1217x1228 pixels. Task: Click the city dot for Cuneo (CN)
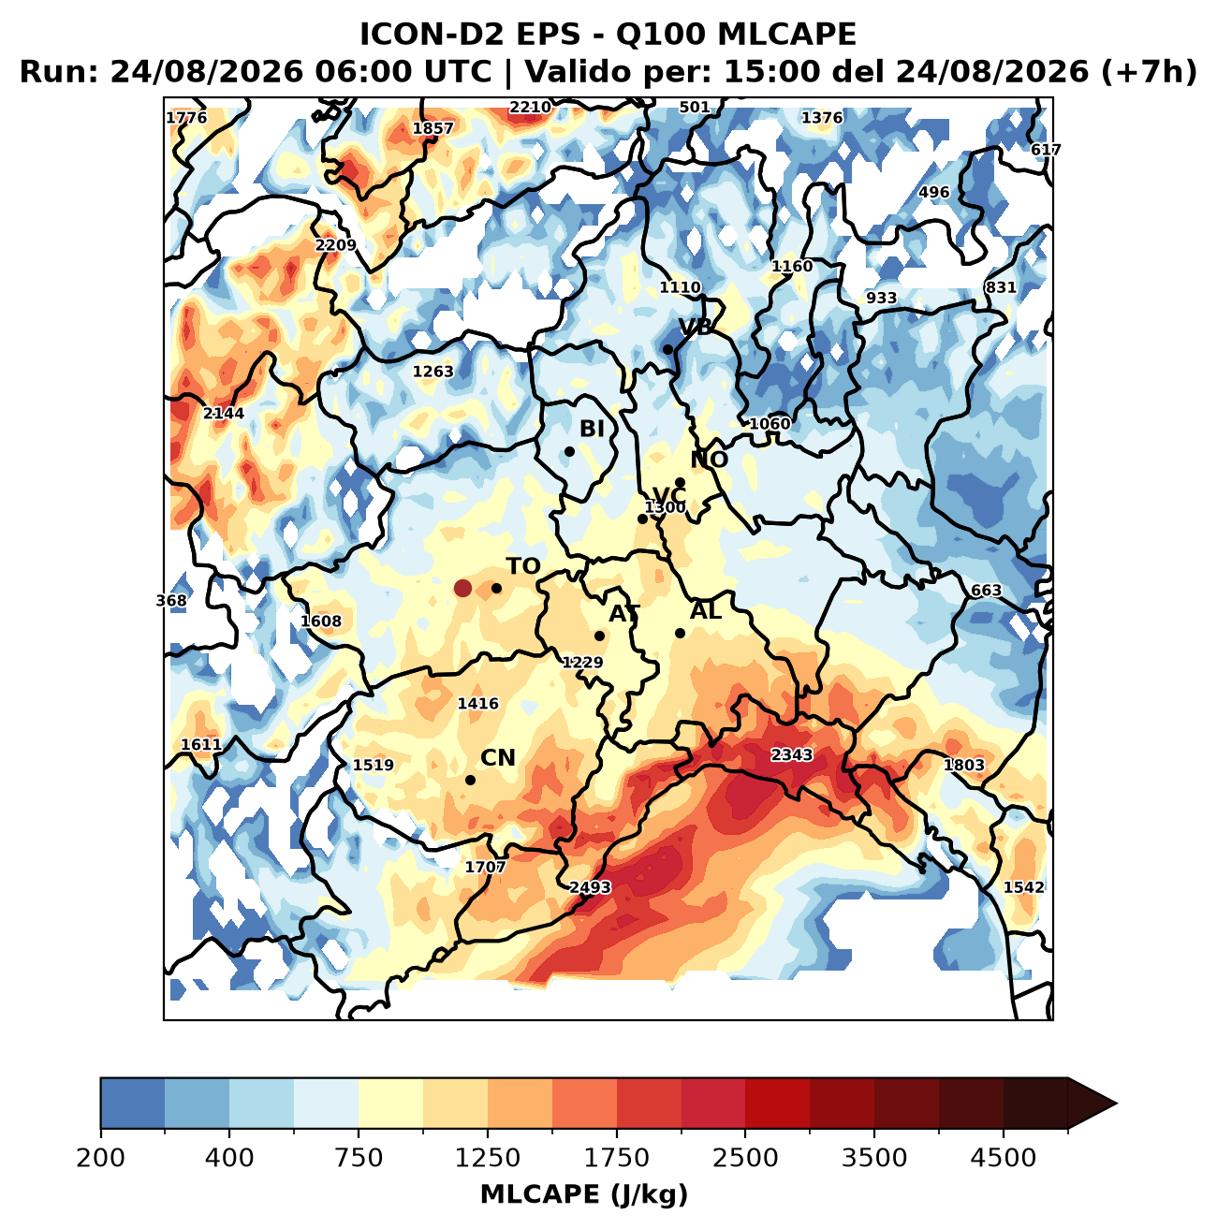(x=470, y=780)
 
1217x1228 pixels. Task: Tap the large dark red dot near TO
(x=462, y=588)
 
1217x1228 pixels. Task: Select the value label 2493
(x=590, y=887)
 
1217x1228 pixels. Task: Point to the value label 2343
(x=792, y=754)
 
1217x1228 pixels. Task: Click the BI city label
(x=592, y=429)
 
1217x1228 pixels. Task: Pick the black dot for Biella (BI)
(x=569, y=451)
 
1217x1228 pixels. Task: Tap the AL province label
(x=706, y=611)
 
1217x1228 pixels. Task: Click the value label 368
(x=171, y=600)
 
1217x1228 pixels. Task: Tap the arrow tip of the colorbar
(x=1117, y=1104)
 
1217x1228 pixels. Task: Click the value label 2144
(x=224, y=413)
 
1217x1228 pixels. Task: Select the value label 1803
(x=964, y=765)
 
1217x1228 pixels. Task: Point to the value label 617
(x=1046, y=150)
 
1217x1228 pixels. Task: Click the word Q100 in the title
(x=660, y=35)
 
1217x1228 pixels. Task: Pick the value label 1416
(x=478, y=704)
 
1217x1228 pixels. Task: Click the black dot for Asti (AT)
(x=599, y=636)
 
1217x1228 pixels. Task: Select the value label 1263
(x=433, y=372)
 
